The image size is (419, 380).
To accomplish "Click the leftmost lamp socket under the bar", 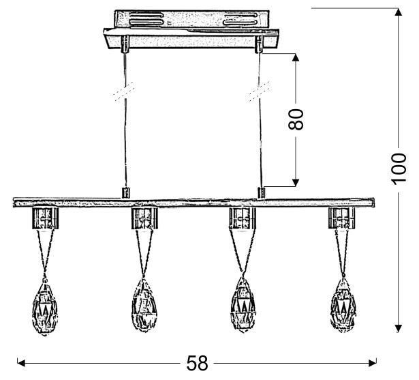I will pos(46,219).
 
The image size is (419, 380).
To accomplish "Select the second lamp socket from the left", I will pos(144,219).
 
